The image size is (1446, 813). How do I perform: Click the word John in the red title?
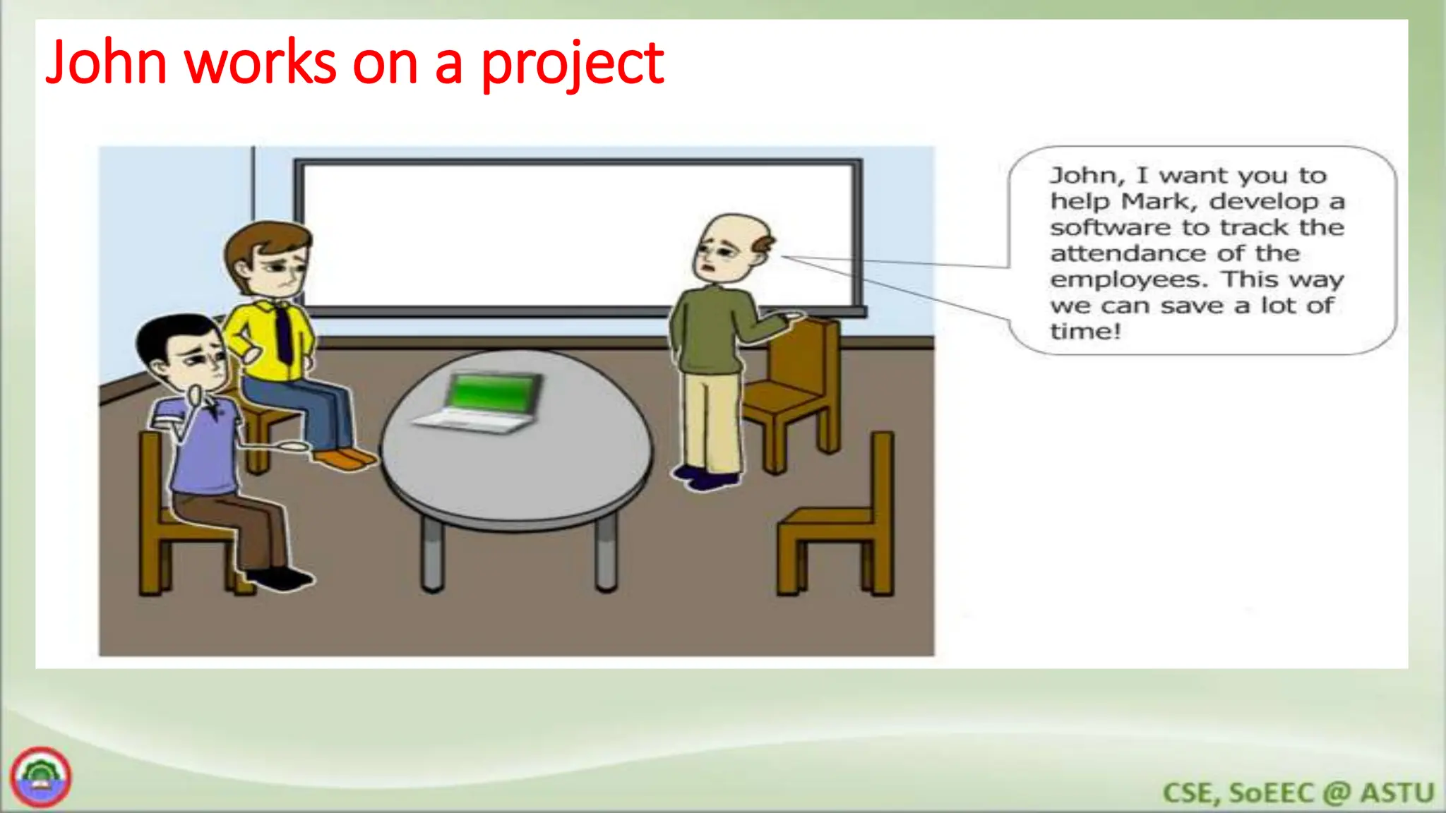tap(106, 63)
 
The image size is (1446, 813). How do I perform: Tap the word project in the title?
tap(572, 65)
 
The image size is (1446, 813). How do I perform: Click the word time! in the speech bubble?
tap(1084, 331)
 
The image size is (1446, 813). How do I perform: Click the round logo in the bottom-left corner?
tap(40, 777)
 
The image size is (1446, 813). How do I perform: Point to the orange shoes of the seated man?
tap(345, 459)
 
